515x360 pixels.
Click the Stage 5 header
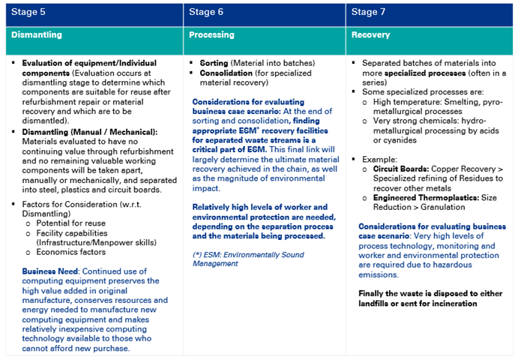coord(29,12)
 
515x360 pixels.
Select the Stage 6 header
coord(206,12)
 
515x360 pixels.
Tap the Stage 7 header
coord(369,12)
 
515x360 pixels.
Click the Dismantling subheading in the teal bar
coord(37,34)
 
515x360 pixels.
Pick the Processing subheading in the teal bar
coord(211,34)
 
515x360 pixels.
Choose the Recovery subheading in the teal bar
coord(370,34)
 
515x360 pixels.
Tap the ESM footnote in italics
coord(248,259)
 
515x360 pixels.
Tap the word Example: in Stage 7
coord(379,160)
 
